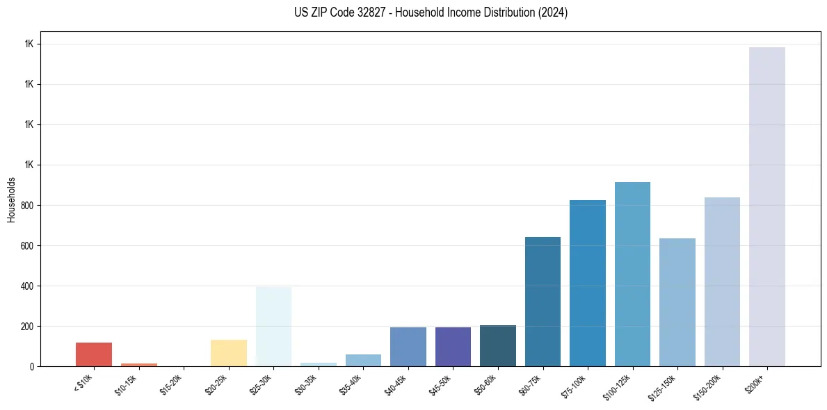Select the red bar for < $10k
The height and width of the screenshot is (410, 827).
[94, 354]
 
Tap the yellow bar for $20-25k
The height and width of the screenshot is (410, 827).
[229, 353]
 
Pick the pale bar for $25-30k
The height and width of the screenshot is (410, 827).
[273, 327]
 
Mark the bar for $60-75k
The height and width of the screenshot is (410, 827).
[543, 302]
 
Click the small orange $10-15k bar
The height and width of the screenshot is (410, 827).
[139, 364]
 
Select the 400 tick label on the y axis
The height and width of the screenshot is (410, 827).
[27, 286]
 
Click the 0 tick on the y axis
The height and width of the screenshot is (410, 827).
[32, 366]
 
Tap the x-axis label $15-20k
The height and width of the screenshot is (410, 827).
[172, 384]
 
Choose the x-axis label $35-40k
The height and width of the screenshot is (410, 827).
[351, 384]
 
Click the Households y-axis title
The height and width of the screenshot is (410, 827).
[12, 199]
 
